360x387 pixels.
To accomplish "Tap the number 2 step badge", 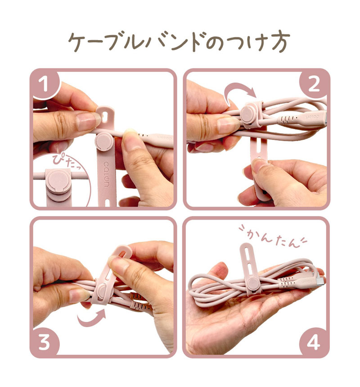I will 314,84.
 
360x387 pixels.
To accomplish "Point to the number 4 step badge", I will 314,343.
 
